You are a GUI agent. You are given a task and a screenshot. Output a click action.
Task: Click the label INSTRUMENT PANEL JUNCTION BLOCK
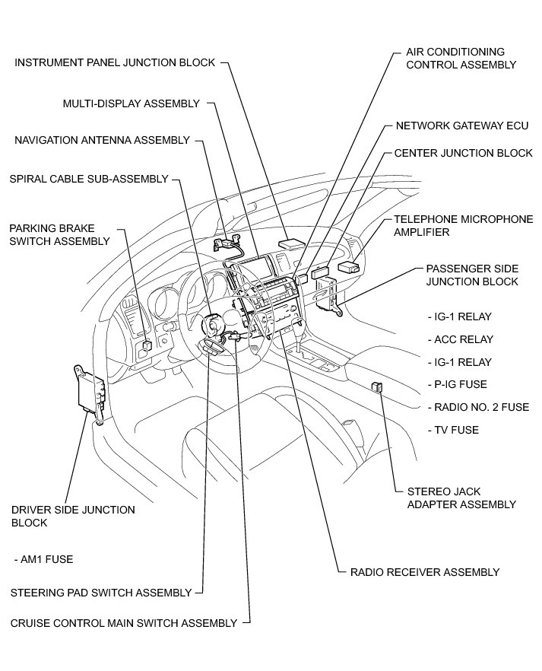pos(115,62)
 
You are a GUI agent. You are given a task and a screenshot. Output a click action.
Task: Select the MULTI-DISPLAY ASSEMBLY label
pos(131,103)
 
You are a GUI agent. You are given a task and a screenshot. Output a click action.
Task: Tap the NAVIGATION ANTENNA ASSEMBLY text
pos(102,140)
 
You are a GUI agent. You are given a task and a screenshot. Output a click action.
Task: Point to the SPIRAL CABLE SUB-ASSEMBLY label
pos(88,179)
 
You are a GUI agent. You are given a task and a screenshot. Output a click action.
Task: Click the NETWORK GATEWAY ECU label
pos(461,126)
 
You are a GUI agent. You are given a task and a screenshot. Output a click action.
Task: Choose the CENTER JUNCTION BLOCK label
pos(463,153)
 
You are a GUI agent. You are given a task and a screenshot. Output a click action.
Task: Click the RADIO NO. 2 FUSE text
pos(478,407)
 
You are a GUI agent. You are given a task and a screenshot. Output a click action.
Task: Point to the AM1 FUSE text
pos(43,559)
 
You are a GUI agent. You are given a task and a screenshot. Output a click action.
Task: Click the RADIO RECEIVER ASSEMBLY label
pos(424,572)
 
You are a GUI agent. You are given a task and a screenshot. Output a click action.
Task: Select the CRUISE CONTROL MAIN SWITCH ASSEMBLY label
pos(124,622)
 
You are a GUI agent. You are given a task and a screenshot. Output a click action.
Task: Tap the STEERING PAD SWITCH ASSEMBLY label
pos(101,592)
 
